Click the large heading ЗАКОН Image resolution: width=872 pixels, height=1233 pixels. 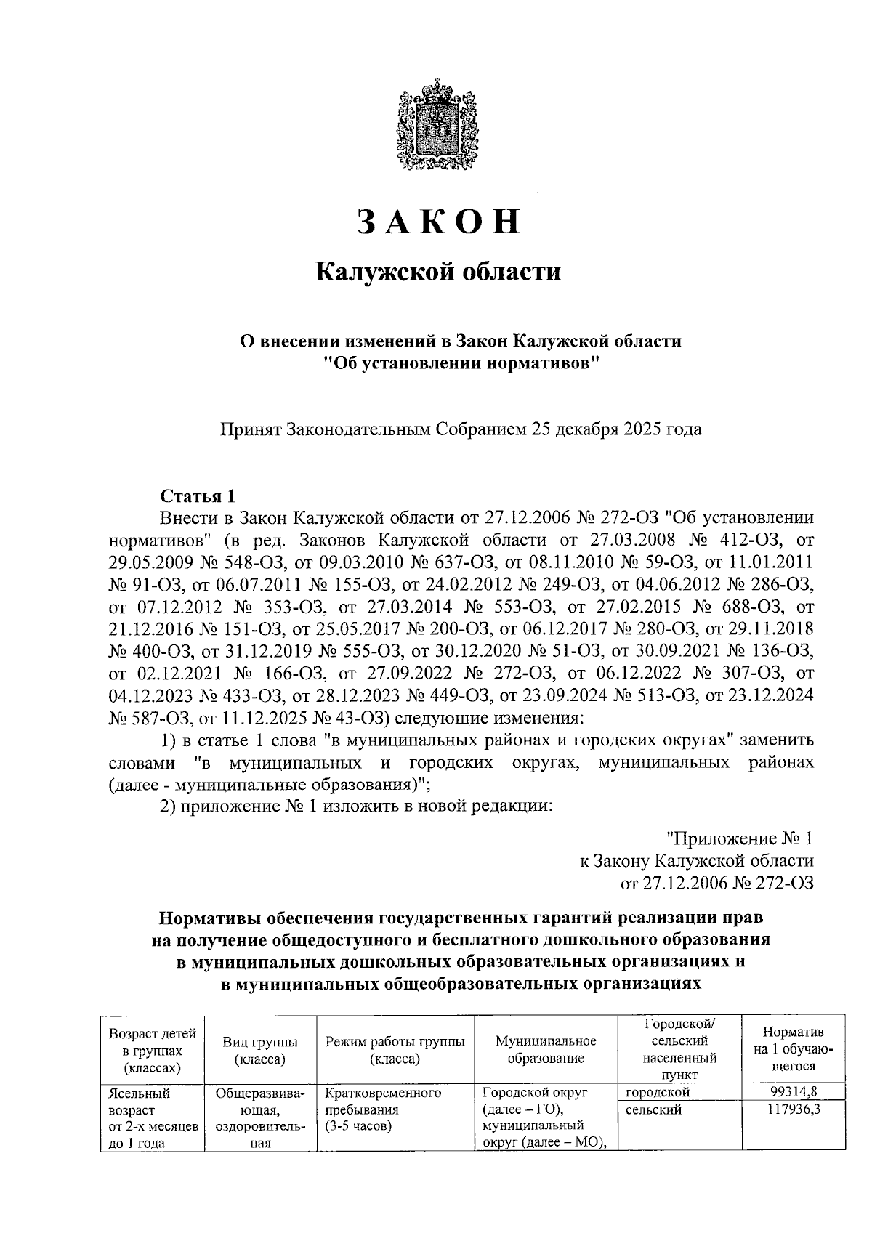coord(438,222)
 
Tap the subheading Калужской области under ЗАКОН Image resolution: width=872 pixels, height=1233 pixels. coord(438,272)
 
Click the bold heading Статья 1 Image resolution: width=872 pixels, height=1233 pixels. coord(198,497)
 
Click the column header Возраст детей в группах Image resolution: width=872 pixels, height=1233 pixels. coord(153,1051)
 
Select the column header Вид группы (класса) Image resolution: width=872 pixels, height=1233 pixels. coord(260,1051)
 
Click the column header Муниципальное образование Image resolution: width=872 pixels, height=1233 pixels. coord(545,1051)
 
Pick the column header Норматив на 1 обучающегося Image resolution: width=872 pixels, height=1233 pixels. coord(793,1051)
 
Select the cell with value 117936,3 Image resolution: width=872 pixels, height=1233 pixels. coord(793,1109)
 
